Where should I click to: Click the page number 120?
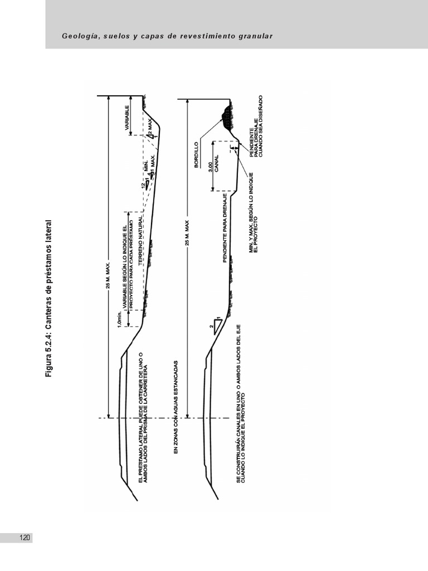point(25,538)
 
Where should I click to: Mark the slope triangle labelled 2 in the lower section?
point(215,327)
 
